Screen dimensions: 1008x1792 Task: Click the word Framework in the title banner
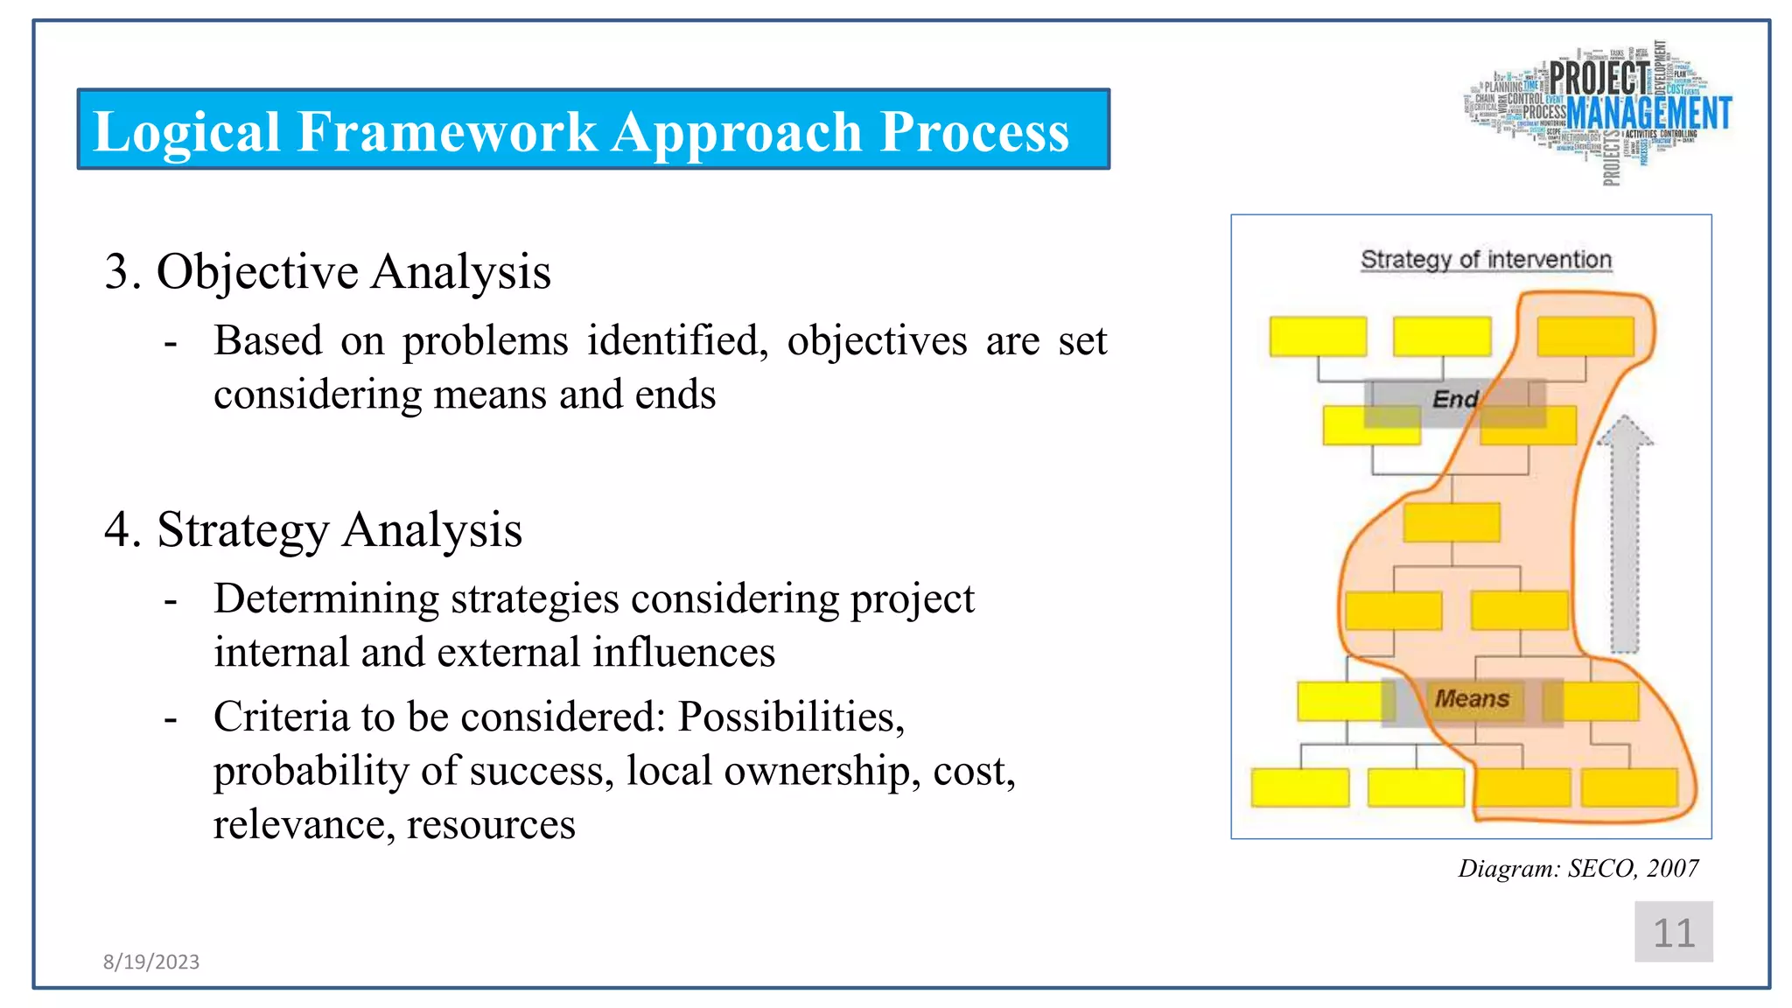pyautogui.click(x=446, y=132)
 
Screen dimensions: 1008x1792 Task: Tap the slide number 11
pyautogui.click(x=1673, y=933)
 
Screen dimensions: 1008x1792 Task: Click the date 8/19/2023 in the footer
pyautogui.click(x=151, y=962)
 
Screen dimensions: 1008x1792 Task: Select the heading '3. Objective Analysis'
pyautogui.click(x=327, y=271)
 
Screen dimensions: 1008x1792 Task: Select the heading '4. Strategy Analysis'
pyautogui.click(x=312, y=529)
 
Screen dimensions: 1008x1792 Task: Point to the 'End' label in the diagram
pyautogui.click(x=1454, y=400)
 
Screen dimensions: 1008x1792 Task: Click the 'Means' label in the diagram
pyautogui.click(x=1472, y=699)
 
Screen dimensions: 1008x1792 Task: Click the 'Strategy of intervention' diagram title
pyautogui.click(x=1486, y=260)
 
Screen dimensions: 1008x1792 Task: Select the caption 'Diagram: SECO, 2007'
pyautogui.click(x=1578, y=868)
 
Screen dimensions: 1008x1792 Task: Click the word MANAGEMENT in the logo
pyautogui.click(x=1648, y=114)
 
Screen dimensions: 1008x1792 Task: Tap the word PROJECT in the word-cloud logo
pyautogui.click(x=1599, y=78)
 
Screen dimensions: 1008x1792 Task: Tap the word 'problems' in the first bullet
pyautogui.click(x=485, y=340)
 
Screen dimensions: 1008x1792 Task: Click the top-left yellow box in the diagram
pyautogui.click(x=1318, y=337)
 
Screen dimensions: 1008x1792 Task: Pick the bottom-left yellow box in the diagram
pyautogui.click(x=1299, y=787)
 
